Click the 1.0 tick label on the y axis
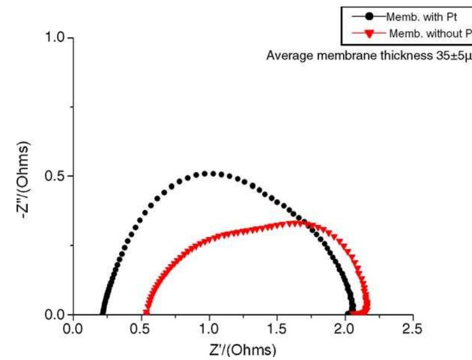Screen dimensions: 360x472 (x=56, y=38)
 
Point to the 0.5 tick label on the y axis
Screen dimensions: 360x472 (x=56, y=176)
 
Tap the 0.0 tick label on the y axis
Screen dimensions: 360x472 (x=56, y=315)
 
